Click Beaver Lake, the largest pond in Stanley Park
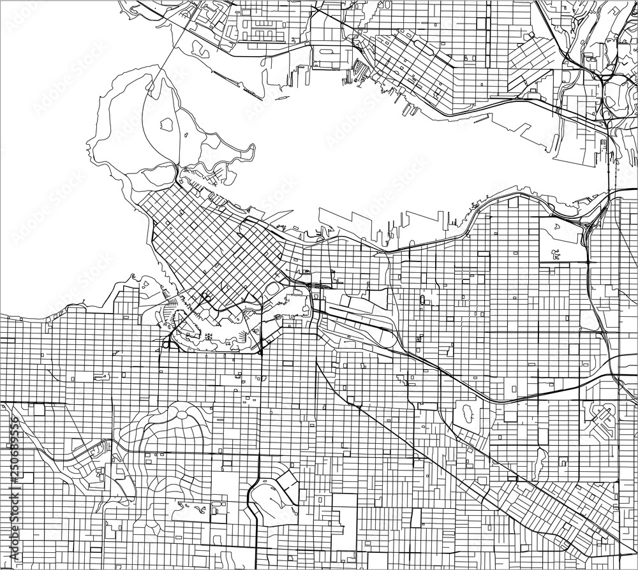[167, 123]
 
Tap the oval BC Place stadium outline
[272, 289]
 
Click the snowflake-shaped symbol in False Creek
[208, 334]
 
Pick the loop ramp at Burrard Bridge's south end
[167, 344]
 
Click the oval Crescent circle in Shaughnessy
[182, 415]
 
